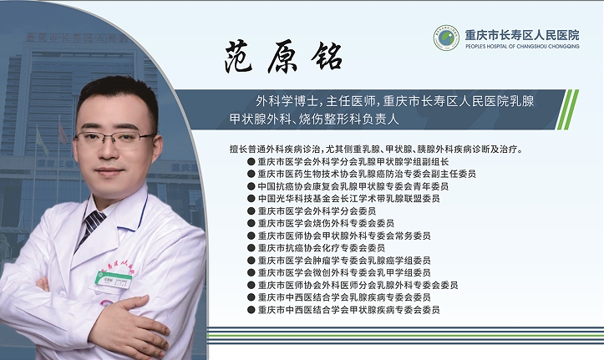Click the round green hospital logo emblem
pos(446,38)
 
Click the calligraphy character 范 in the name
pos(238,58)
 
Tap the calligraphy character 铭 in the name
pos(327,57)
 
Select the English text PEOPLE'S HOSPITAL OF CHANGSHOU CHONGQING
pos(522,46)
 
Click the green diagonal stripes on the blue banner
pos(567,109)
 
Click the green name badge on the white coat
pos(114,280)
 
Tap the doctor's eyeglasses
pos(114,139)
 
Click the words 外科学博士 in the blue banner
pos(287,101)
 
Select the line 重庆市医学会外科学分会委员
pos(317,211)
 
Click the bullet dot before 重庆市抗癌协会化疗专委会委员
pos(251,248)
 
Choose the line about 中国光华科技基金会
pos(348,199)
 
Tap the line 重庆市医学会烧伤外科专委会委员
pos(326,223)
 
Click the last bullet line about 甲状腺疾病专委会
pos(348,310)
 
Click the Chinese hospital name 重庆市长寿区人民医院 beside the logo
pos(522,35)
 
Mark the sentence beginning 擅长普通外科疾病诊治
pos(377,149)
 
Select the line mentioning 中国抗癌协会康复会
pos(353,186)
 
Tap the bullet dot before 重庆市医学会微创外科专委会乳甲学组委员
pos(251,272)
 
